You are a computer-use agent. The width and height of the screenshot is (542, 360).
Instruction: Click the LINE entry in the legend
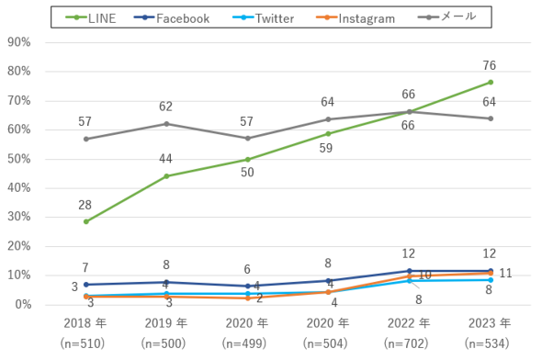pyautogui.click(x=91, y=18)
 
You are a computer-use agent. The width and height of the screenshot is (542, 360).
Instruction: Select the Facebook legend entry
pyautogui.click(x=172, y=18)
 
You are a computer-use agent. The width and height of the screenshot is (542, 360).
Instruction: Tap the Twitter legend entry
pyautogui.click(x=263, y=18)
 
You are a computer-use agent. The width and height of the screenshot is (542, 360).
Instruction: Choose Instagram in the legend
pyautogui.click(x=356, y=18)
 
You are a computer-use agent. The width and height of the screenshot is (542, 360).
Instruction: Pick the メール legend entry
pyautogui.click(x=446, y=17)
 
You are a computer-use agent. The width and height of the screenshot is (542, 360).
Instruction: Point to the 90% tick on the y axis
pyautogui.click(x=19, y=42)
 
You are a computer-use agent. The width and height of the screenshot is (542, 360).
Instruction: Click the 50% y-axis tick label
pyautogui.click(x=19, y=159)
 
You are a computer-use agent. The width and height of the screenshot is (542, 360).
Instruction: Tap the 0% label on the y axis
pyautogui.click(x=23, y=304)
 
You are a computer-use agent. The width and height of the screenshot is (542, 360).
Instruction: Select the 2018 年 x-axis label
pyautogui.click(x=85, y=323)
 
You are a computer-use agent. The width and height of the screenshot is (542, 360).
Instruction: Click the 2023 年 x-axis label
pyautogui.click(x=490, y=323)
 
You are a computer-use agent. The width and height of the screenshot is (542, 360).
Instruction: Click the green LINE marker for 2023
pyautogui.click(x=491, y=83)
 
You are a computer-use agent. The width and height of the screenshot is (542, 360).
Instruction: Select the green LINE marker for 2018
pyautogui.click(x=86, y=222)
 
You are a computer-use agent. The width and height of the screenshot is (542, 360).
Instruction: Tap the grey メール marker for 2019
pyautogui.click(x=166, y=124)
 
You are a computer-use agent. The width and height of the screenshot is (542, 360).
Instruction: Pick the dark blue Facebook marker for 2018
pyautogui.click(x=86, y=285)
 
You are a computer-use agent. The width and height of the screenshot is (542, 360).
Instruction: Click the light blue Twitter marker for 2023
pyautogui.click(x=491, y=280)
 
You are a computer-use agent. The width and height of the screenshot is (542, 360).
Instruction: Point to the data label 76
pyautogui.click(x=490, y=65)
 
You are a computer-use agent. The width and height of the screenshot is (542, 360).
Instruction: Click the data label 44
pyautogui.click(x=165, y=159)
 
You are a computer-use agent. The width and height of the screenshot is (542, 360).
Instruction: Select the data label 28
pyautogui.click(x=85, y=205)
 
